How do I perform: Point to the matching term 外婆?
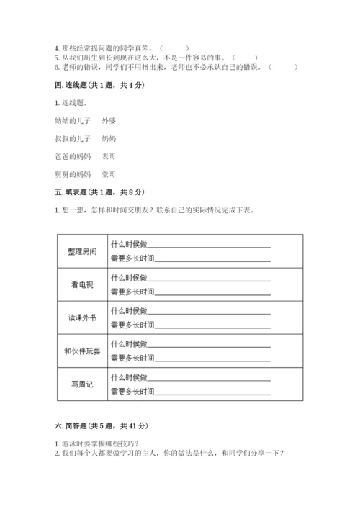tap(109, 120)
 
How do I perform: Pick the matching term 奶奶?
tap(109, 138)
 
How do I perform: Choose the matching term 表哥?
tap(109, 156)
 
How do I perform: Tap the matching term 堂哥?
tap(109, 174)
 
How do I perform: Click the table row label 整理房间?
tap(80, 251)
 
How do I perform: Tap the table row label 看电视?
tap(80, 284)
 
